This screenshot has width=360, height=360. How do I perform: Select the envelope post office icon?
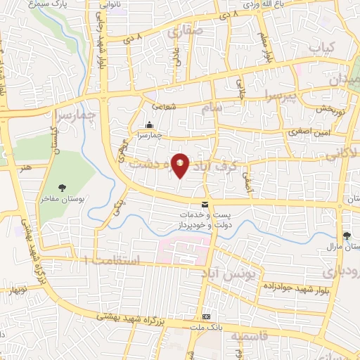(205, 205)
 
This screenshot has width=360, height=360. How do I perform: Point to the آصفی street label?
(247, 181)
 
